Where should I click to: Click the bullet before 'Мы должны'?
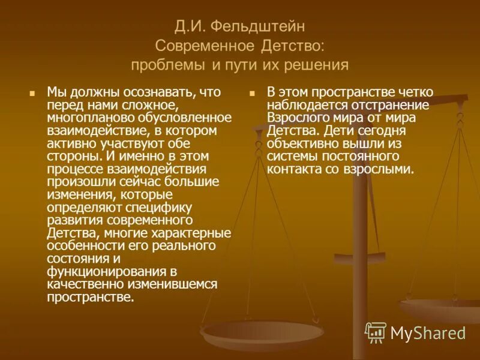[x=33, y=94]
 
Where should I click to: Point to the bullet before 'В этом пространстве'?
[x=253, y=94]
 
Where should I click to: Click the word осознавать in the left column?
[x=157, y=93]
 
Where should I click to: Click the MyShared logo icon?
[x=375, y=332]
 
